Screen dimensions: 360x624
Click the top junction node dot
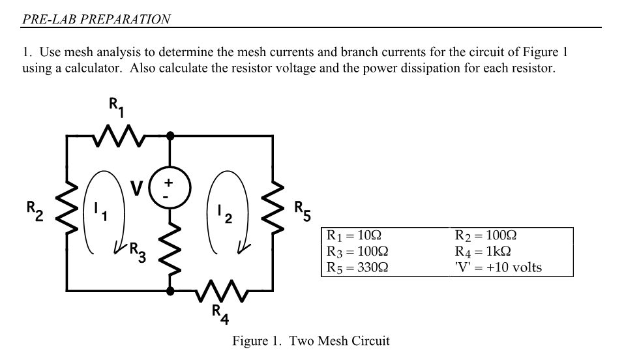[x=170, y=136]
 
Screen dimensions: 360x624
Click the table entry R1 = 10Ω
[x=353, y=236]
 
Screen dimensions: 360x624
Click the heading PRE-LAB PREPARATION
[x=97, y=19]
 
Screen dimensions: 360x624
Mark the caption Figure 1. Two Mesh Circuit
[x=311, y=341]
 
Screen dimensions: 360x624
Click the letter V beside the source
[x=138, y=188]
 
